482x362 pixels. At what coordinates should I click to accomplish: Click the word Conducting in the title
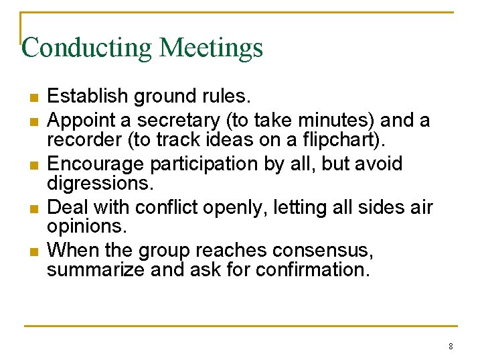click(x=88, y=48)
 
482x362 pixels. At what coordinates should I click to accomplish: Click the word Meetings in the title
click(x=212, y=48)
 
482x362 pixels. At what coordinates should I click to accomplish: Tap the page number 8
click(x=451, y=347)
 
